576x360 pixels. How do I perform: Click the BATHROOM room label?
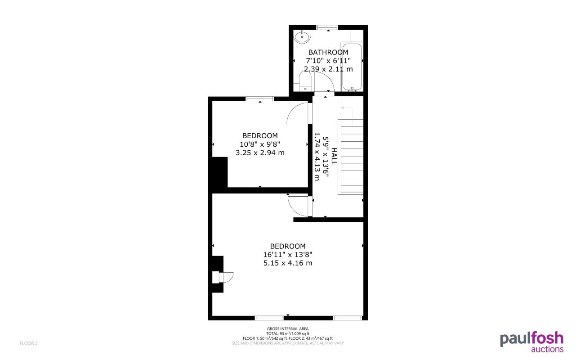328,52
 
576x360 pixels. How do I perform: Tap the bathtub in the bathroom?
352,67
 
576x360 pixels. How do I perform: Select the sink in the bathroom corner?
303,36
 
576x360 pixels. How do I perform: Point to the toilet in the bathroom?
306,83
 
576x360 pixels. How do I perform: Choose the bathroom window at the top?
327,27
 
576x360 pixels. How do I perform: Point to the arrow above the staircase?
346,110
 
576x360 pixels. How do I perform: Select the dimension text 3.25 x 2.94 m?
260,153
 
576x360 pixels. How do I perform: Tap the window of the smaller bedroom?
259,99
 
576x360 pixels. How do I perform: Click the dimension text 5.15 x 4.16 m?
288,263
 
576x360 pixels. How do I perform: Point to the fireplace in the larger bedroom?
220,278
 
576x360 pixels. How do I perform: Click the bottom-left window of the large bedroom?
269,318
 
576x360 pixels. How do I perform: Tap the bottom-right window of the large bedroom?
347,318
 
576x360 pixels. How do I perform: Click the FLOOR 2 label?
29,343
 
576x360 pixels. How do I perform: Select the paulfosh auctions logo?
531,342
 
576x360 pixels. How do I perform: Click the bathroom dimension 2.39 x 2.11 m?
328,69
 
